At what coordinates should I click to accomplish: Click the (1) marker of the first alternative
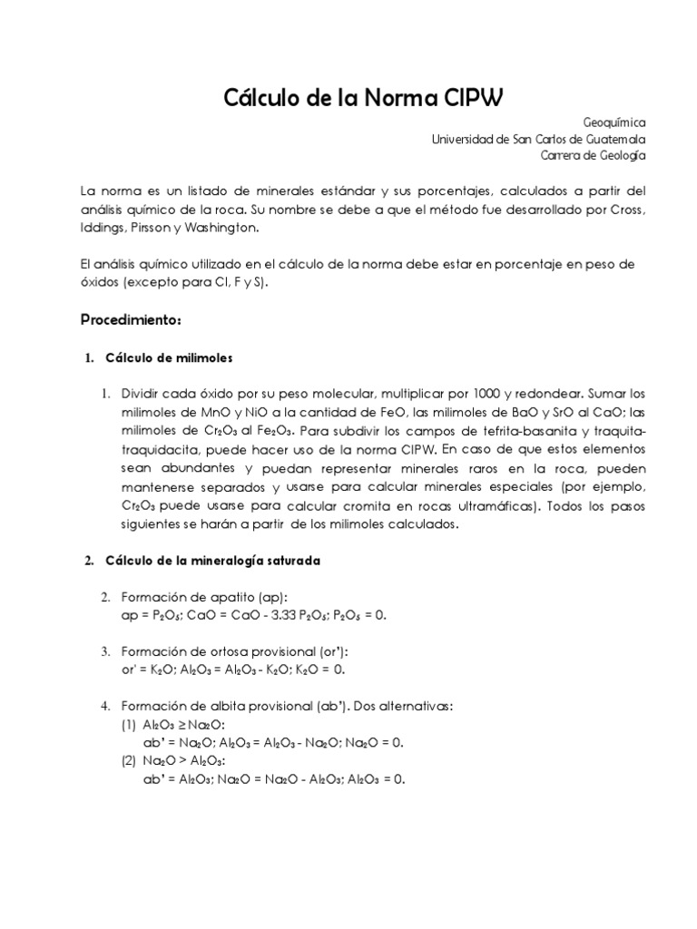[129, 724]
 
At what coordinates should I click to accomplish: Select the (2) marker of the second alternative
[129, 760]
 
